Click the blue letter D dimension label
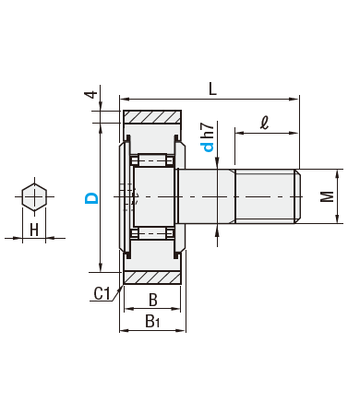coord(91,198)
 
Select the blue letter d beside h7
coord(209,147)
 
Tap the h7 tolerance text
coord(209,130)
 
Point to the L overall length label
coord(212,89)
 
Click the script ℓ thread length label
coord(264,123)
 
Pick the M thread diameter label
coord(327,196)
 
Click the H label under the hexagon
coord(34,230)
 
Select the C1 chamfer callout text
coord(102,293)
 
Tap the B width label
coord(153,300)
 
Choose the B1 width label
coord(152,321)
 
